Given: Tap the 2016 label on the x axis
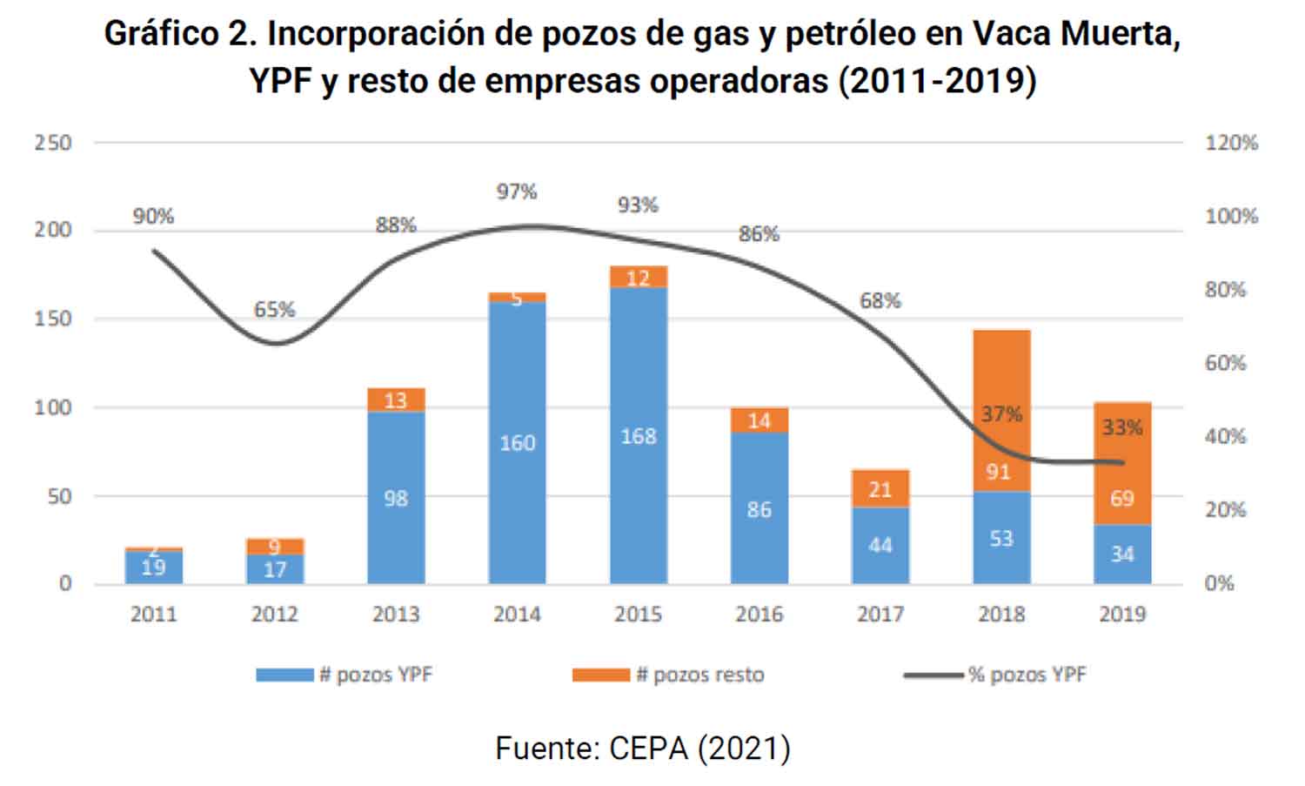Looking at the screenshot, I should (759, 615).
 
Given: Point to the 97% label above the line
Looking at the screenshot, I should (517, 191).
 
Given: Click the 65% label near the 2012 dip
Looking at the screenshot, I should (274, 310).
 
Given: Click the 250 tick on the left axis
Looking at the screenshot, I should (53, 143).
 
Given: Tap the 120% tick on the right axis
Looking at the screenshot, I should (1231, 143).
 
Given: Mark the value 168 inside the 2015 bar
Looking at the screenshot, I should (638, 436).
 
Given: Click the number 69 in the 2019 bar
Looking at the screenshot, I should (1121, 498).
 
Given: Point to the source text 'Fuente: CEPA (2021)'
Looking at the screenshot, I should (643, 748).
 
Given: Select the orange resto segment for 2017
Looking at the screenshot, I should (880, 489).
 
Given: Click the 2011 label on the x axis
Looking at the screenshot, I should (153, 615).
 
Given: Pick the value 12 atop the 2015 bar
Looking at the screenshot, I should (638, 278).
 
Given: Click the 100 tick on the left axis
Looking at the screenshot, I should (53, 407).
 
